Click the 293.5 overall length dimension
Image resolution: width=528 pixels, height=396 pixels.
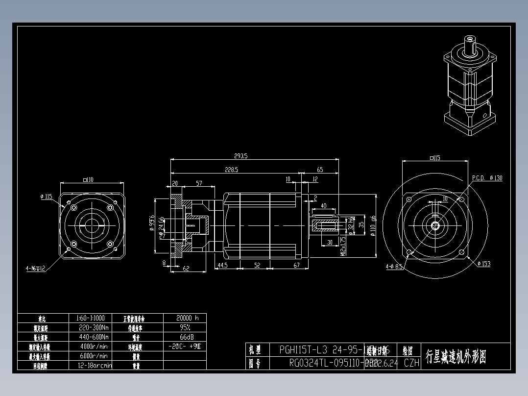pyautogui.click(x=241, y=156)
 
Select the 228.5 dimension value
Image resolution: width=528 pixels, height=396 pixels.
pyautogui.click(x=231, y=170)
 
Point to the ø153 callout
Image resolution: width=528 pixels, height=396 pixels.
pyautogui.click(x=483, y=264)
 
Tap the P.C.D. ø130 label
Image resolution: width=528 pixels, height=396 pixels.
pyautogui.click(x=487, y=178)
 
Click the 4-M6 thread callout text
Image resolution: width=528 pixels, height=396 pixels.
pyautogui.click(x=36, y=269)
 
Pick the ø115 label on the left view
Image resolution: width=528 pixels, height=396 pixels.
pyautogui.click(x=46, y=197)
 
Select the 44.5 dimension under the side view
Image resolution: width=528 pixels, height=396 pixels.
pyautogui.click(x=222, y=265)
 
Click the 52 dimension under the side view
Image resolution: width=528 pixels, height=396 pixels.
pyautogui.click(x=257, y=265)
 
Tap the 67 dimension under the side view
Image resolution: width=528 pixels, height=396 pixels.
pyautogui.click(x=296, y=265)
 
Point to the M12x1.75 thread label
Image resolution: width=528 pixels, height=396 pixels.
pyautogui.click(x=342, y=246)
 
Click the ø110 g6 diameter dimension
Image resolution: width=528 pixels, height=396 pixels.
pyautogui.click(x=373, y=225)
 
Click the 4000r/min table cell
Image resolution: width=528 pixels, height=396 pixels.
pyautogui.click(x=93, y=346)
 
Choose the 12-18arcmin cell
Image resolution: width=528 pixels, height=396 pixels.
pyautogui.click(x=95, y=365)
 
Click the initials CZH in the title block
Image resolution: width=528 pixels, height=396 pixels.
pyautogui.click(x=412, y=363)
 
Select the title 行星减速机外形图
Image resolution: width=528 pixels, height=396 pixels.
pyautogui.click(x=456, y=357)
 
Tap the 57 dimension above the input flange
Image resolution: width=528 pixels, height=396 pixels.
pyautogui.click(x=199, y=183)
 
